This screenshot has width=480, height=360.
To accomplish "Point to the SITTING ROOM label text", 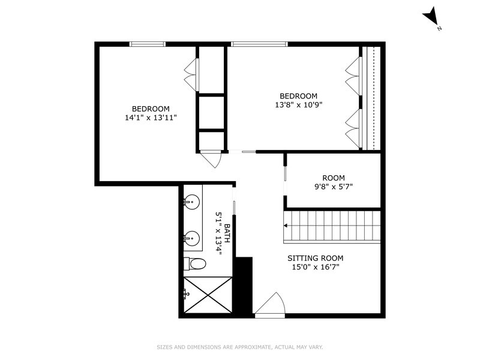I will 315,258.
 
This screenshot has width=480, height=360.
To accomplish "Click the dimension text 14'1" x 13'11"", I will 147,118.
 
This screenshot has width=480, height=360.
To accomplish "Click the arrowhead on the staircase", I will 286,226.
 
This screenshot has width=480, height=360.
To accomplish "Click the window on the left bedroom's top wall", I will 148,43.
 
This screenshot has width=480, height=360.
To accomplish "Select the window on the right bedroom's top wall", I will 259,43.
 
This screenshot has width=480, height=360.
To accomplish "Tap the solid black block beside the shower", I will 242,285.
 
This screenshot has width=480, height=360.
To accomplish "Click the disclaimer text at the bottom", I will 239,347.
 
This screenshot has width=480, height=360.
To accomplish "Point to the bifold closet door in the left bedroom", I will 191,74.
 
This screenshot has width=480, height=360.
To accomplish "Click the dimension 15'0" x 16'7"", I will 315,267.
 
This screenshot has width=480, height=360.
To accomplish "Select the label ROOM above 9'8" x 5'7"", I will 334,178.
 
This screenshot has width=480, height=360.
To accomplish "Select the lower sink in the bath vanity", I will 192,238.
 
